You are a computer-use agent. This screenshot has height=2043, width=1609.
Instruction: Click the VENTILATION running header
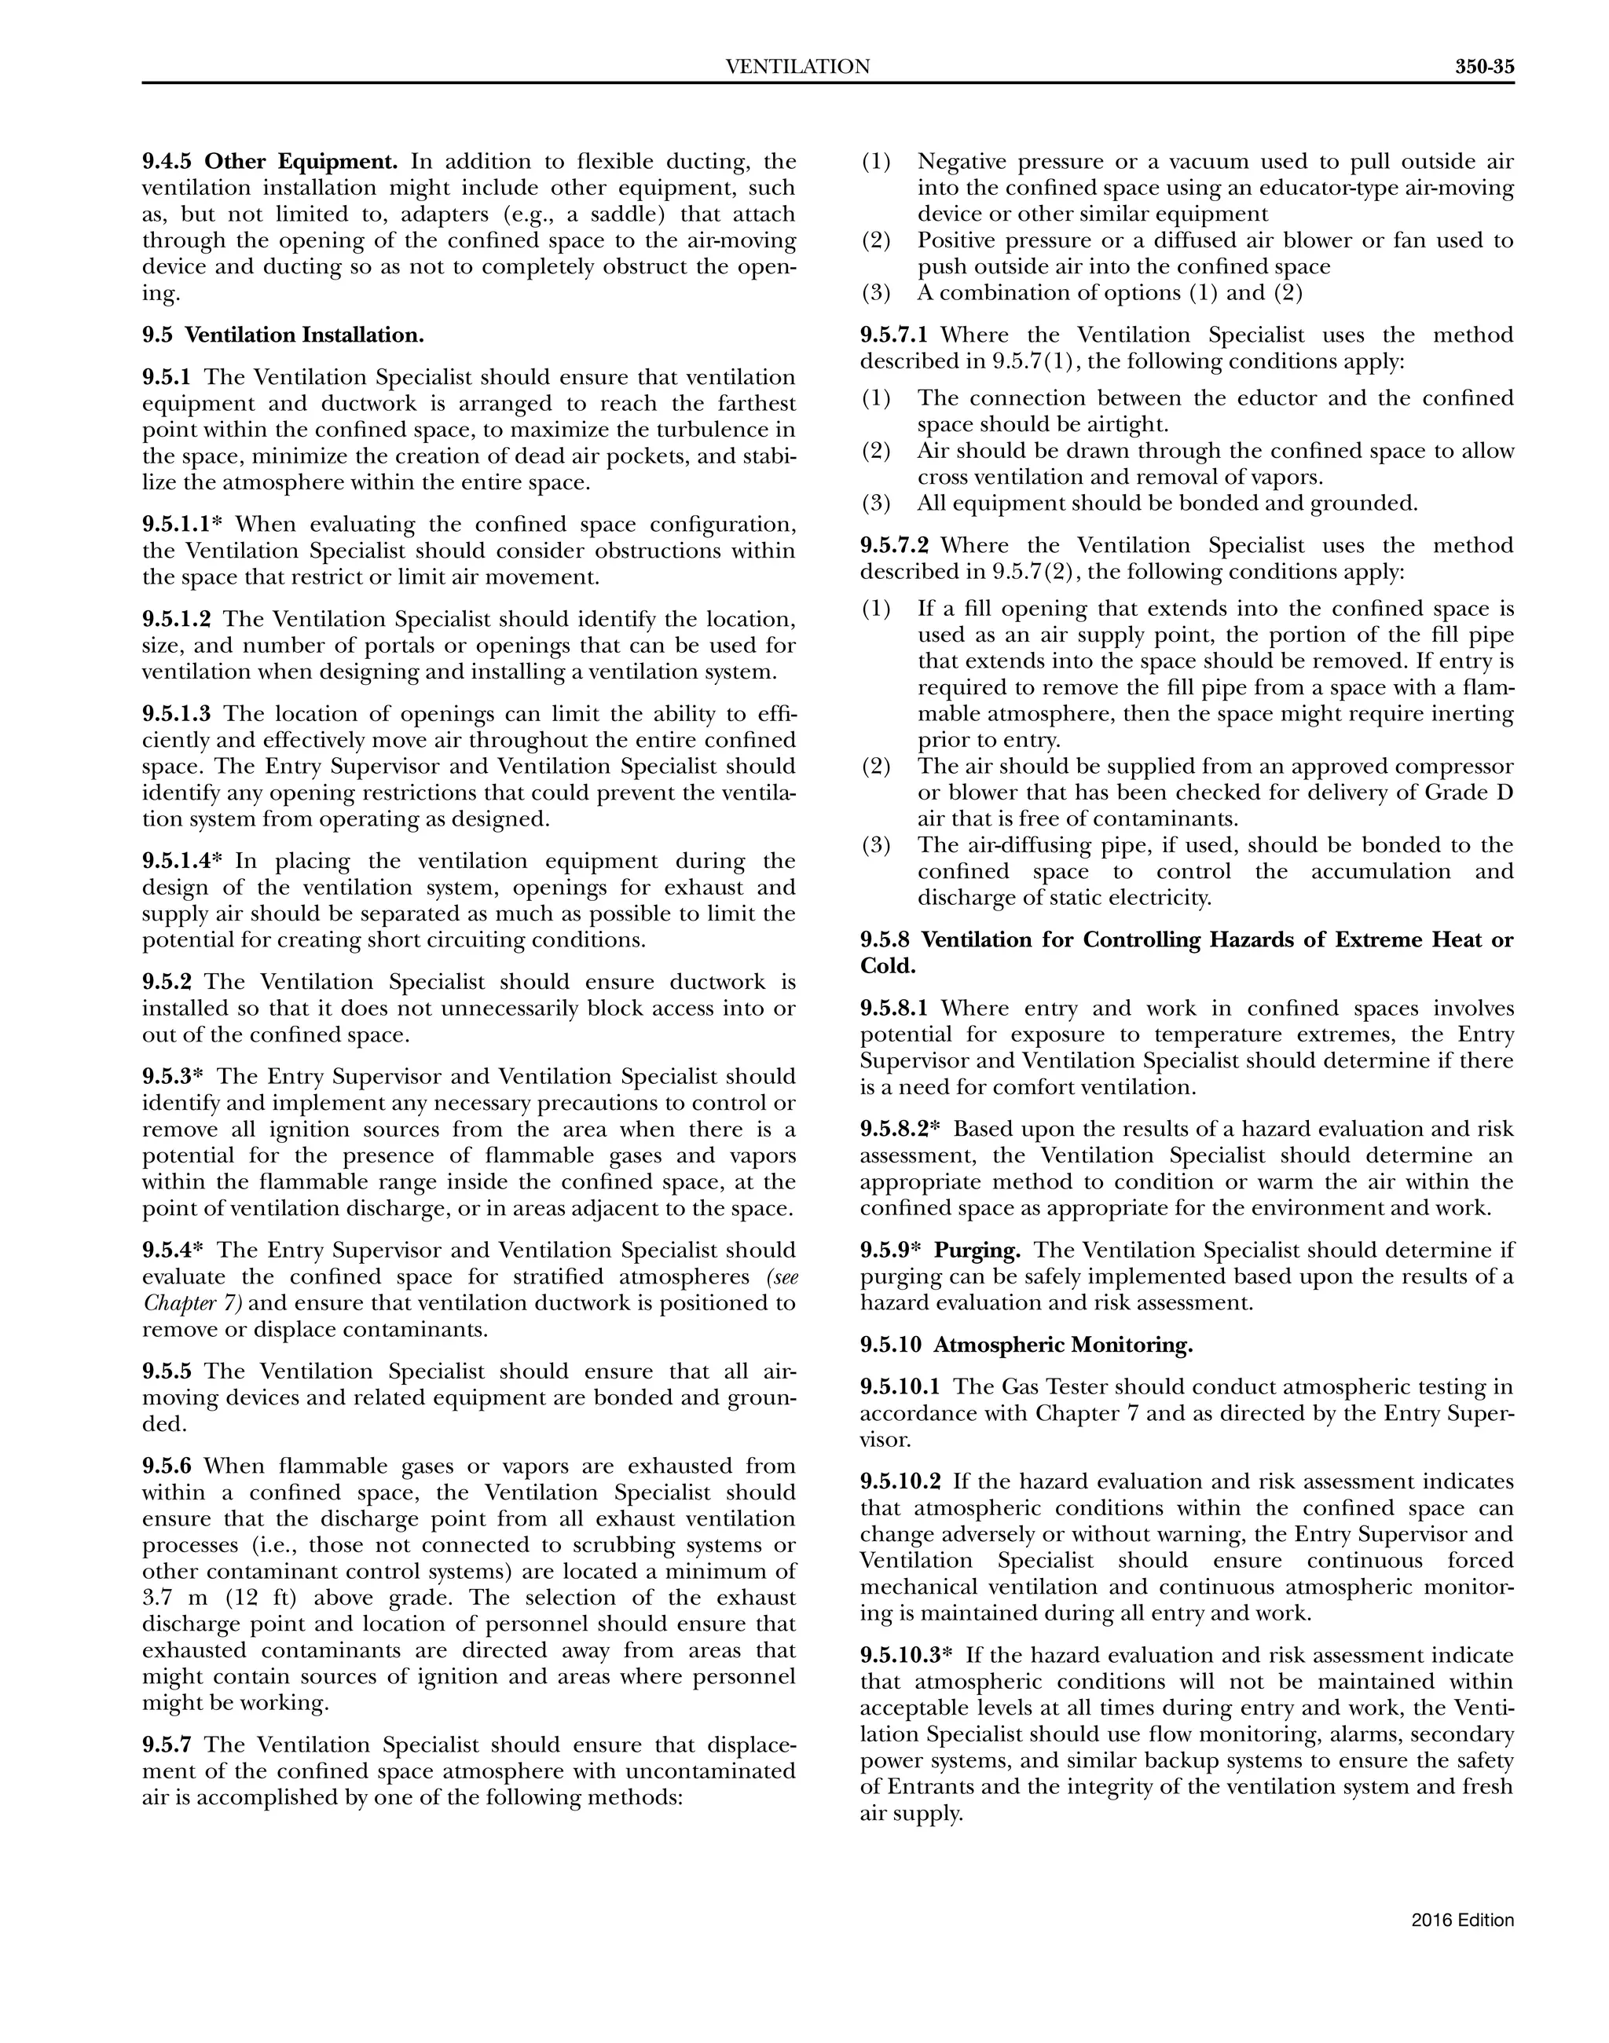pos(798,67)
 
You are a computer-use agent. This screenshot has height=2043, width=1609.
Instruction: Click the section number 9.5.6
pos(167,1466)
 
